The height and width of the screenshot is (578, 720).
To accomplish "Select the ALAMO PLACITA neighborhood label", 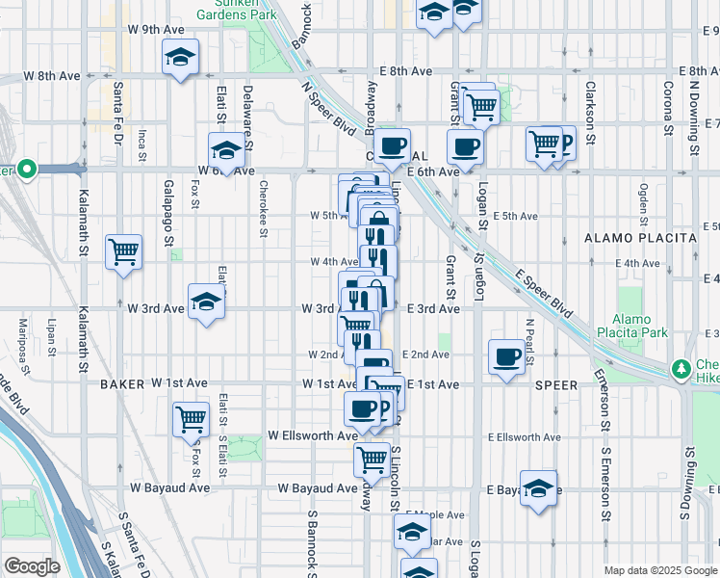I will pyautogui.click(x=640, y=237).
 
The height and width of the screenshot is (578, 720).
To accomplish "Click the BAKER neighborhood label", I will pyautogui.click(x=121, y=383).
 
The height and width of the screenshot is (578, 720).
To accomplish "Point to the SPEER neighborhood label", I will pyautogui.click(x=557, y=384).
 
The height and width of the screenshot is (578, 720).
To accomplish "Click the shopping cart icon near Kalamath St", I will pyautogui.click(x=124, y=252).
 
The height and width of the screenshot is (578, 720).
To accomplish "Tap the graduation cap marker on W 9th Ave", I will pyautogui.click(x=180, y=57).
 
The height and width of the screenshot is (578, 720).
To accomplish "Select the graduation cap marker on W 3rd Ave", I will pyautogui.click(x=206, y=302).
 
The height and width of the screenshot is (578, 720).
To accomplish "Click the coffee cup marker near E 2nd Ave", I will pyautogui.click(x=506, y=357).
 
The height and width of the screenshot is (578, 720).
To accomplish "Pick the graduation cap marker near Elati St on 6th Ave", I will pyautogui.click(x=227, y=150).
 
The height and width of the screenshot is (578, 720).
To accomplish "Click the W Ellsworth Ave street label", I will pyautogui.click(x=313, y=435).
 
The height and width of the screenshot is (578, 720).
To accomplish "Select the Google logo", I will pyautogui.click(x=32, y=565).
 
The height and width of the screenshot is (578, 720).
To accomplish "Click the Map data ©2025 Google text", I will pyautogui.click(x=659, y=570).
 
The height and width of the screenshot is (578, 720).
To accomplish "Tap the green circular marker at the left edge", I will pyautogui.click(x=26, y=171).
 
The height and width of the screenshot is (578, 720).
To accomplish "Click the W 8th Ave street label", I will pyautogui.click(x=52, y=75).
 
